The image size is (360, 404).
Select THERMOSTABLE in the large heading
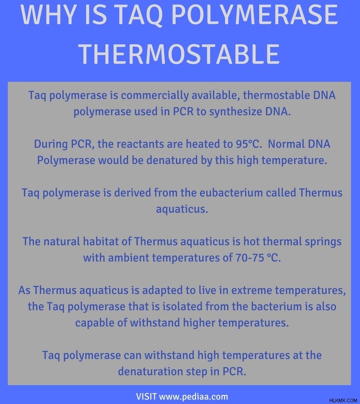coord(179,54)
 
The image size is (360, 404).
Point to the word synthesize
coord(236,112)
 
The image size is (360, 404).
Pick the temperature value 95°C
coord(248,144)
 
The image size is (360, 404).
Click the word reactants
coord(139,144)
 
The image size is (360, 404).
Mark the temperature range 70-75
coord(250,258)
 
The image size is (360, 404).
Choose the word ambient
coord(128,258)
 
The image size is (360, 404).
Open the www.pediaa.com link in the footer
coord(193,396)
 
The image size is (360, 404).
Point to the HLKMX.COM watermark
coord(343,400)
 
